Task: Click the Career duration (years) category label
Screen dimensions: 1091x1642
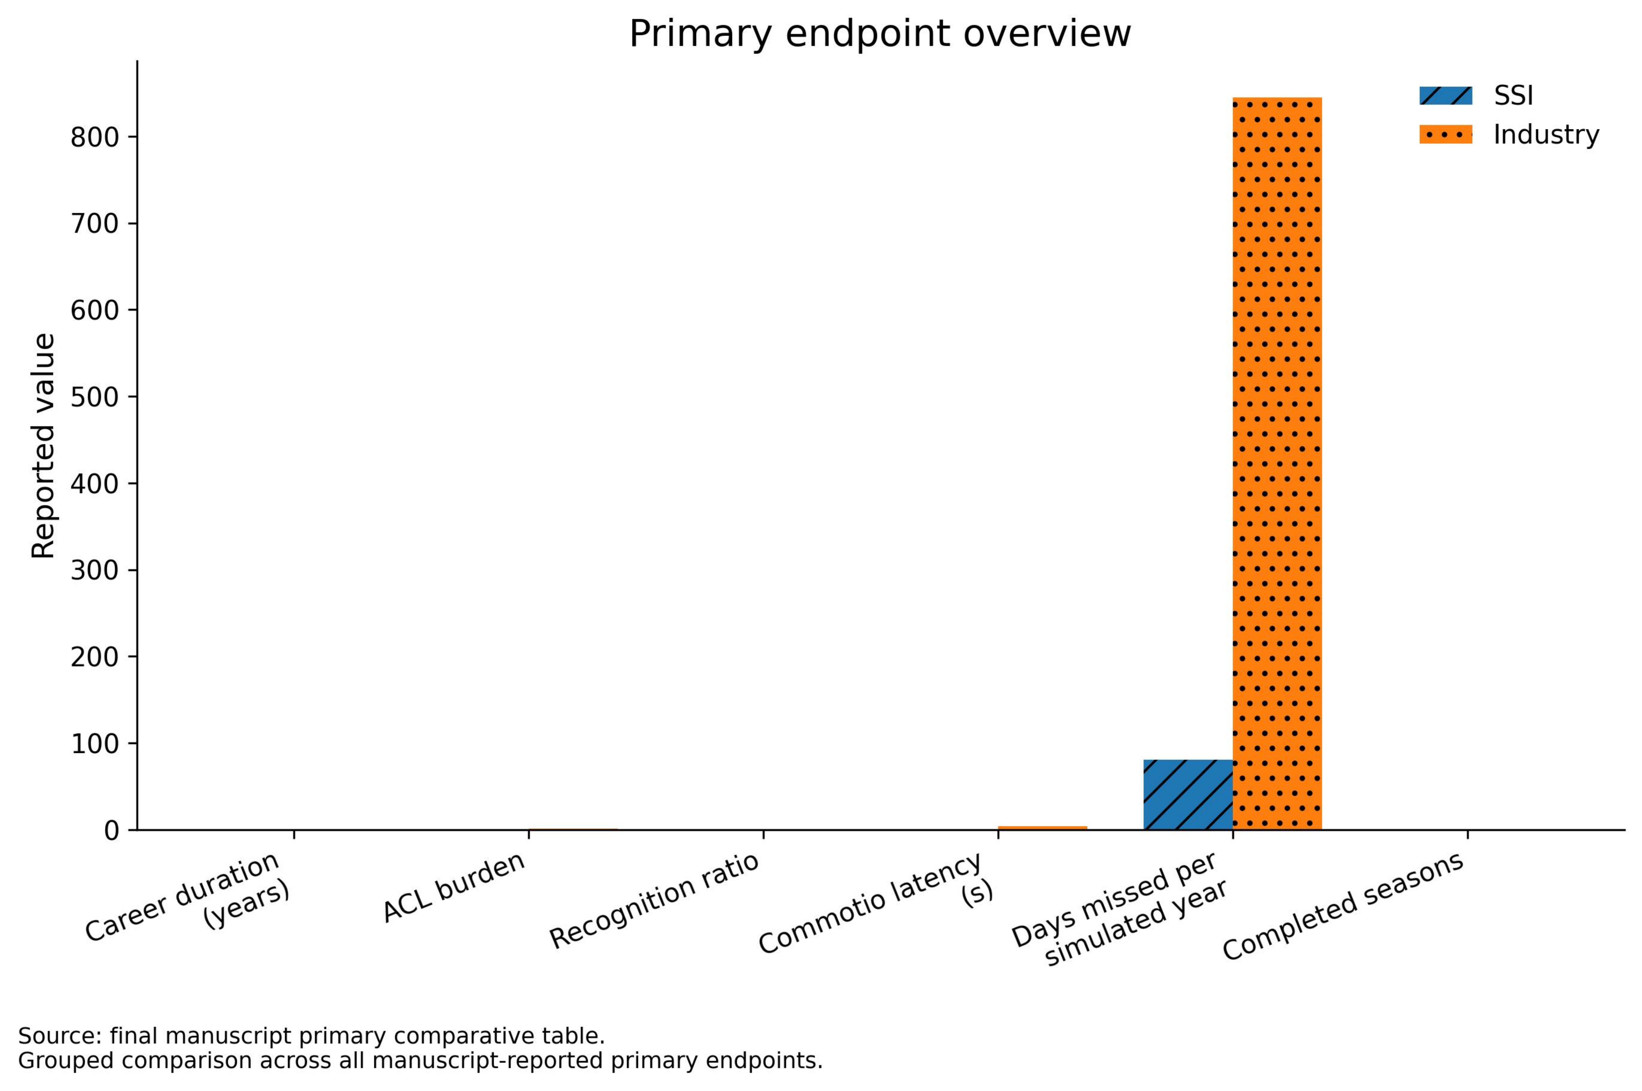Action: coord(188,898)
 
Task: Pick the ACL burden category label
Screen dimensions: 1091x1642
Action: coord(454,888)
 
